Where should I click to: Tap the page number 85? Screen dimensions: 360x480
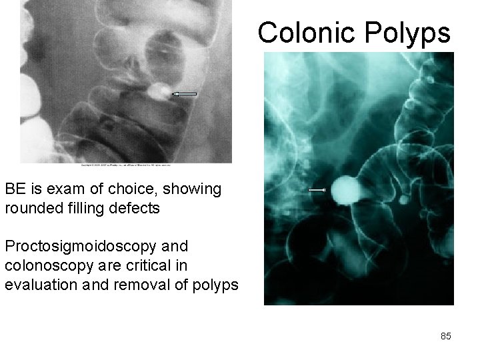coord(446,336)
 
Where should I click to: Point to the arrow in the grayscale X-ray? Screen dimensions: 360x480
coord(185,95)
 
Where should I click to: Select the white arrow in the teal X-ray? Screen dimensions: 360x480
coord(317,191)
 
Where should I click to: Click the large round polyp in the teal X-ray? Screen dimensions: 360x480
coord(346,190)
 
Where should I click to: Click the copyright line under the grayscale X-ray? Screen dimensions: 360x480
coord(127,165)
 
